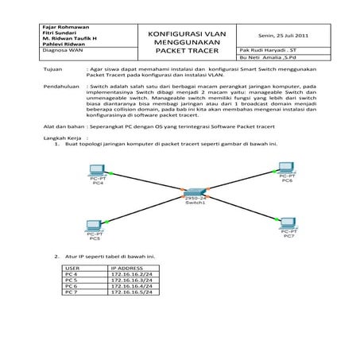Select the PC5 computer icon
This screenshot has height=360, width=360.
pos(94,224)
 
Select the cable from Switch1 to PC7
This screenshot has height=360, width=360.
pos(242,208)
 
